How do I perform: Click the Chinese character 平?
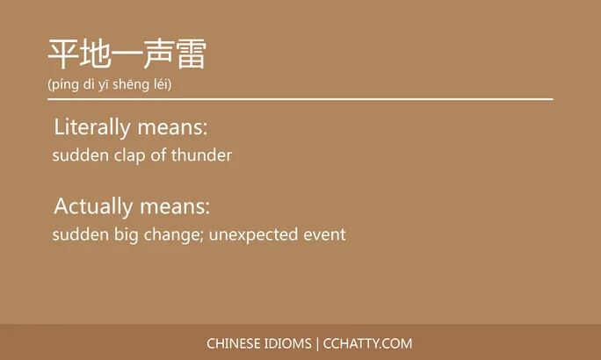(63, 54)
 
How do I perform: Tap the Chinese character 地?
(95, 54)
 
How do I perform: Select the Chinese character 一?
(127, 54)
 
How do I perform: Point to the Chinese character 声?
(158, 54)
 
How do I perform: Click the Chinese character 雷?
(190, 54)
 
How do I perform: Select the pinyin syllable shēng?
(132, 85)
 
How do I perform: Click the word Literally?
(92, 127)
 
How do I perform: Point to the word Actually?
(92, 207)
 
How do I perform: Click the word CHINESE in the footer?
(232, 343)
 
